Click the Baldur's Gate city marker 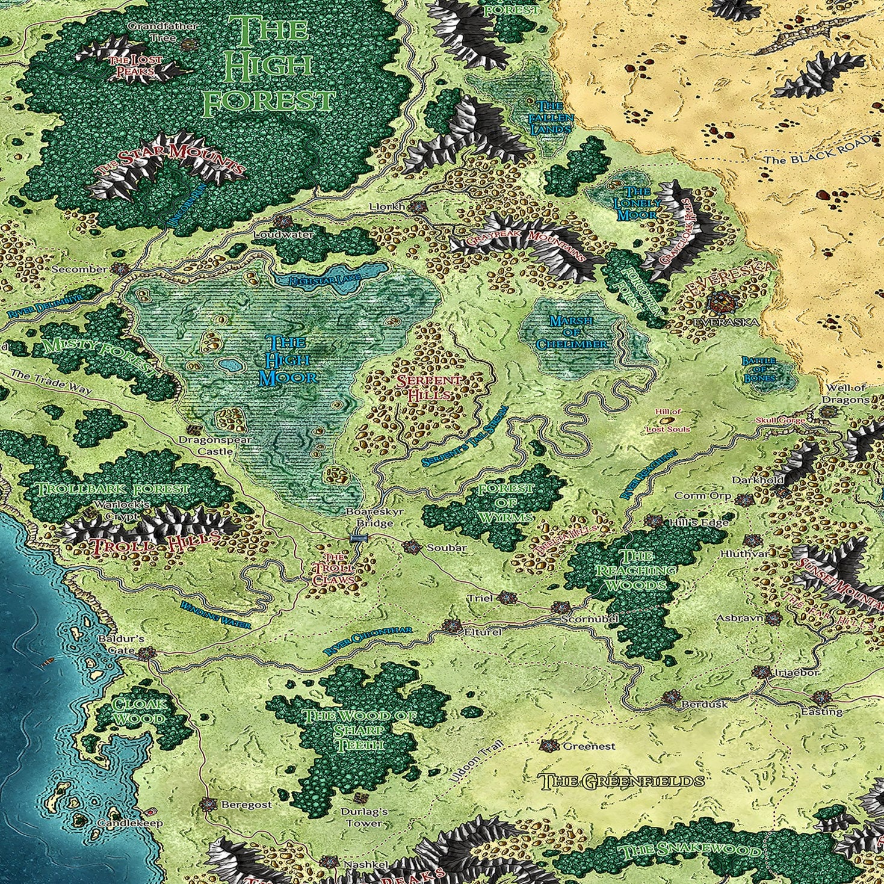point(144,653)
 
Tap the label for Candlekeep point(130,823)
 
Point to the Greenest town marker point(548,746)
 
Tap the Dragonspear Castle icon point(194,430)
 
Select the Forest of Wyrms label point(505,503)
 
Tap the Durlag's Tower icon point(361,798)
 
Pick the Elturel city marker point(451,625)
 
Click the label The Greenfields point(622,782)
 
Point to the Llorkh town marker point(416,207)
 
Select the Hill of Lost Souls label point(667,421)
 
